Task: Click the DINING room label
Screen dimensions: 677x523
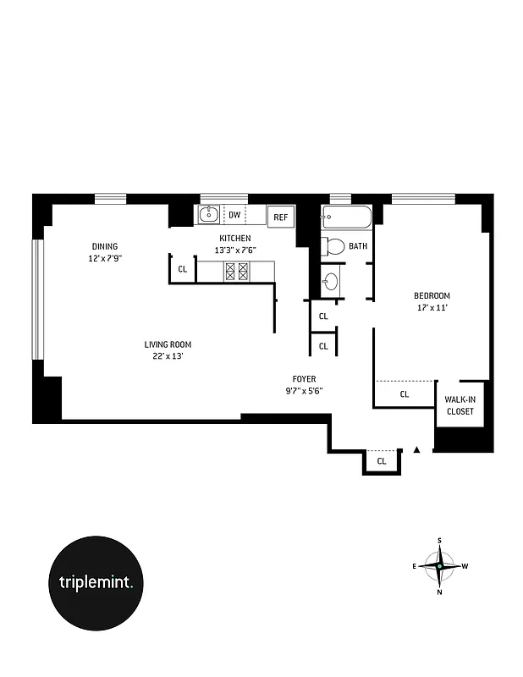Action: click(x=106, y=246)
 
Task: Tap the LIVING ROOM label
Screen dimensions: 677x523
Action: click(x=168, y=344)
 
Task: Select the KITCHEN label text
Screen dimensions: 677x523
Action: click(x=234, y=239)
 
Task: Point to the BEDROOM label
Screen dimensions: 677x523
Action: click(x=431, y=295)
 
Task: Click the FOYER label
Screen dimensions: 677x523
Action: click(x=304, y=379)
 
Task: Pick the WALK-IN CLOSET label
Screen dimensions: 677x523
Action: click(x=460, y=405)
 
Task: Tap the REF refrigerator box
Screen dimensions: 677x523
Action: click(x=280, y=217)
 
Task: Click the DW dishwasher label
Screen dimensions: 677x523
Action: click(x=234, y=215)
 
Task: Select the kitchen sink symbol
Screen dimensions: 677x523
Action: click(x=208, y=215)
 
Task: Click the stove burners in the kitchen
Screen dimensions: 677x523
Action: click(x=235, y=271)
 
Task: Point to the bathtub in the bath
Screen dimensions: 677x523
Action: click(x=347, y=218)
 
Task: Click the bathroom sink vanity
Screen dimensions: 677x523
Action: click(x=331, y=280)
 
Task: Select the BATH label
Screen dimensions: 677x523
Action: click(x=358, y=247)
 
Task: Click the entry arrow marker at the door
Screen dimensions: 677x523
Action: click(x=416, y=450)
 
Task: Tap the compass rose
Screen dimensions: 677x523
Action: click(x=439, y=565)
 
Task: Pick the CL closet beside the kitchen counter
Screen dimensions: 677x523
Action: click(x=182, y=270)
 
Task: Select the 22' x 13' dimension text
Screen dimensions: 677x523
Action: click(x=168, y=356)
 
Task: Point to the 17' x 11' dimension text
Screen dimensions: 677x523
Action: click(x=431, y=307)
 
